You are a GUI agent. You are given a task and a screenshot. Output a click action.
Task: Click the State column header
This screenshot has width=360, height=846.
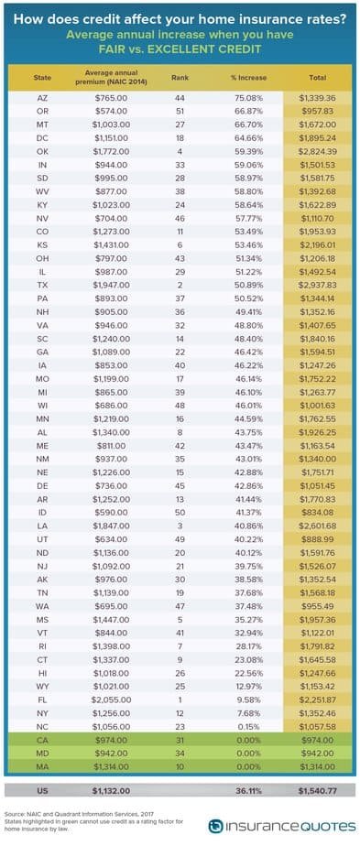(43, 78)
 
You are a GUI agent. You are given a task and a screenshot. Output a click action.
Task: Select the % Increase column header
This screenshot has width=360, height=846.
(248, 78)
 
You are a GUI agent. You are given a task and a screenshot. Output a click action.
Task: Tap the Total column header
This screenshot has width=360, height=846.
(317, 78)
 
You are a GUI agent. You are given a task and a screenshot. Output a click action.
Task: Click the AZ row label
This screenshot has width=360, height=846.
(42, 98)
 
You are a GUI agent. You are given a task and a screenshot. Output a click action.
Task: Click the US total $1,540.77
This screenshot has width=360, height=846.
(318, 790)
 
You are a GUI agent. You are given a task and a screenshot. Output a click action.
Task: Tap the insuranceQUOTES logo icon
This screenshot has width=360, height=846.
(216, 827)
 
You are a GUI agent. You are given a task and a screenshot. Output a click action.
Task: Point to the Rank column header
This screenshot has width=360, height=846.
(180, 78)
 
